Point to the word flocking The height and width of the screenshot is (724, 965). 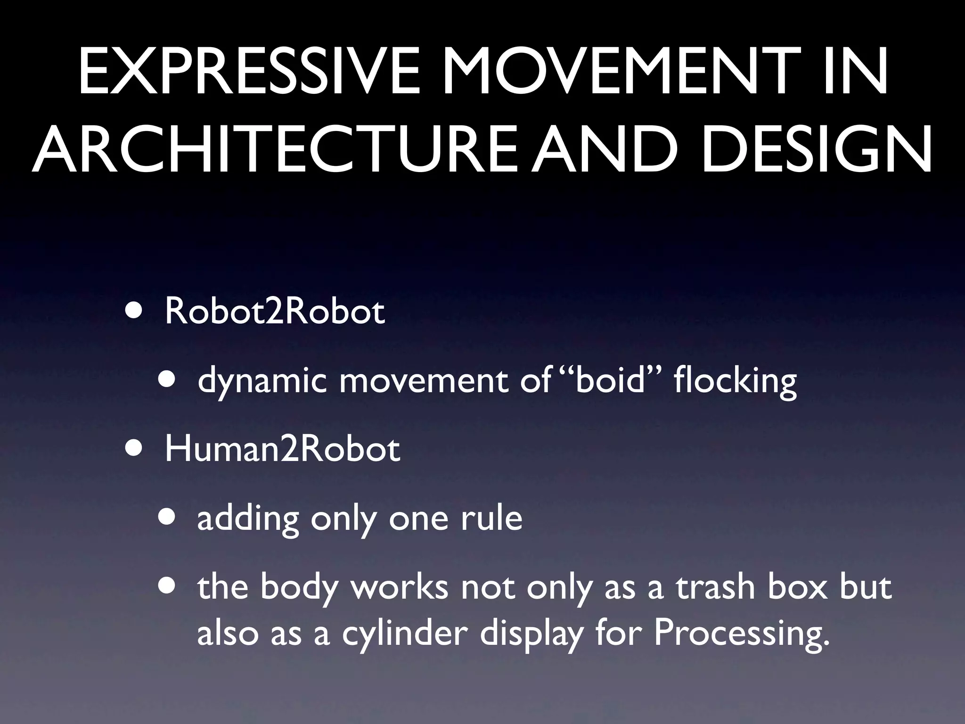735,381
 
